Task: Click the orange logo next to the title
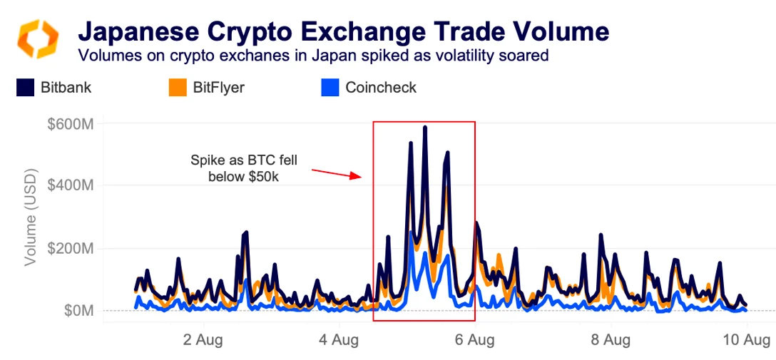point(37,38)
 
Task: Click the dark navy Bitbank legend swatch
point(26,88)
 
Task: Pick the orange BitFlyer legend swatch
point(178,88)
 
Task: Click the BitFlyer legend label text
point(218,88)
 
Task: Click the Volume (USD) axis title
point(31,217)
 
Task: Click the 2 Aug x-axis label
point(203,340)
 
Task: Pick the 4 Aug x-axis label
point(339,340)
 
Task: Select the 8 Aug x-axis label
point(611,340)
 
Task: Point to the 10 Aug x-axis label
point(744,340)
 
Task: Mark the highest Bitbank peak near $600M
point(425,128)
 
